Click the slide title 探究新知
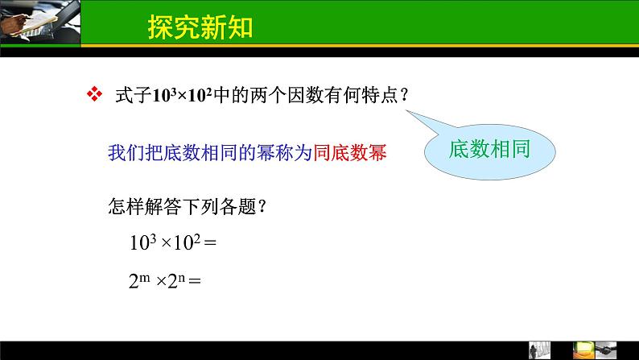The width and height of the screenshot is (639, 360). (x=200, y=27)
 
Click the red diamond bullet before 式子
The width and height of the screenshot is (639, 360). (x=95, y=94)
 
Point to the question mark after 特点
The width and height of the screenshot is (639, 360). (x=404, y=95)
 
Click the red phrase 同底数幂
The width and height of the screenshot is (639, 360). (x=348, y=153)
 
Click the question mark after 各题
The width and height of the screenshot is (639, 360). (x=262, y=206)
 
